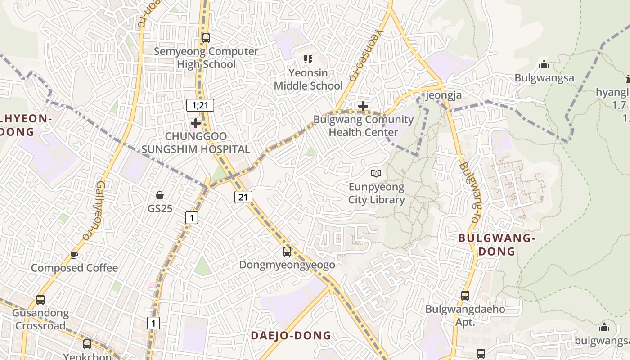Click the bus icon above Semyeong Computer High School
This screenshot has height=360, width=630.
(x=206, y=38)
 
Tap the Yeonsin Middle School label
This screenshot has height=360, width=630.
(x=308, y=79)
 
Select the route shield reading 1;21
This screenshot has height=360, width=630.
(x=200, y=105)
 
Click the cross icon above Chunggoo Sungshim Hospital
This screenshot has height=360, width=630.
(x=196, y=123)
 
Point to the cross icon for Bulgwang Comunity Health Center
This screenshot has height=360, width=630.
(x=363, y=106)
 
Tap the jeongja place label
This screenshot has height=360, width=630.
(x=443, y=95)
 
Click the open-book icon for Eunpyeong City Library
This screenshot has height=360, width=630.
(x=376, y=173)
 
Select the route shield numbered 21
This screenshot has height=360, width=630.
(x=243, y=197)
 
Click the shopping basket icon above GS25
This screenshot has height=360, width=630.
(x=160, y=195)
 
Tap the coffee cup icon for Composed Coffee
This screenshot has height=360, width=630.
(x=74, y=255)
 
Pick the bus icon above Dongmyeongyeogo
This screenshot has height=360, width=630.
(x=287, y=251)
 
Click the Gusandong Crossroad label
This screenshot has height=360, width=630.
(x=40, y=319)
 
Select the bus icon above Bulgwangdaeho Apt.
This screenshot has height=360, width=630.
(x=465, y=296)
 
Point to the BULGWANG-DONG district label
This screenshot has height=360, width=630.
(x=496, y=245)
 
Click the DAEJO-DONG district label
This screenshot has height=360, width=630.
(x=291, y=336)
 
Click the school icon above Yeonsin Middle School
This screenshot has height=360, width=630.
(x=308, y=59)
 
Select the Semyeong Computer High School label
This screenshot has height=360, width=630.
(x=206, y=58)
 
